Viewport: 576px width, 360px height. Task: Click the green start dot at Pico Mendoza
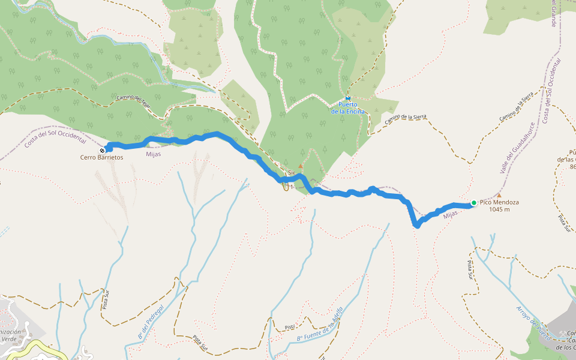[x=473, y=203]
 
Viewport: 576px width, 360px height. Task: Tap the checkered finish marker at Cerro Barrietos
[x=103, y=150]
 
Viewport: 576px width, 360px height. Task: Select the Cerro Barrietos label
[x=101, y=157]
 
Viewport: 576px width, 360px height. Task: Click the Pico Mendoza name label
[x=499, y=203]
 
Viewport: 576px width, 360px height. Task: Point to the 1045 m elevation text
[x=499, y=210]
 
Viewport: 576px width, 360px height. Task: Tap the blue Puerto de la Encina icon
[x=348, y=98]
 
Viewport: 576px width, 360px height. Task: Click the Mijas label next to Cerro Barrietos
[x=153, y=154]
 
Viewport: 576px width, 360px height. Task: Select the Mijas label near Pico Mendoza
[x=451, y=213]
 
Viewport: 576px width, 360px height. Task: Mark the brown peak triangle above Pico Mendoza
[x=499, y=195]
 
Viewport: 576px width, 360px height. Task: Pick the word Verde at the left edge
[x=9, y=338]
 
